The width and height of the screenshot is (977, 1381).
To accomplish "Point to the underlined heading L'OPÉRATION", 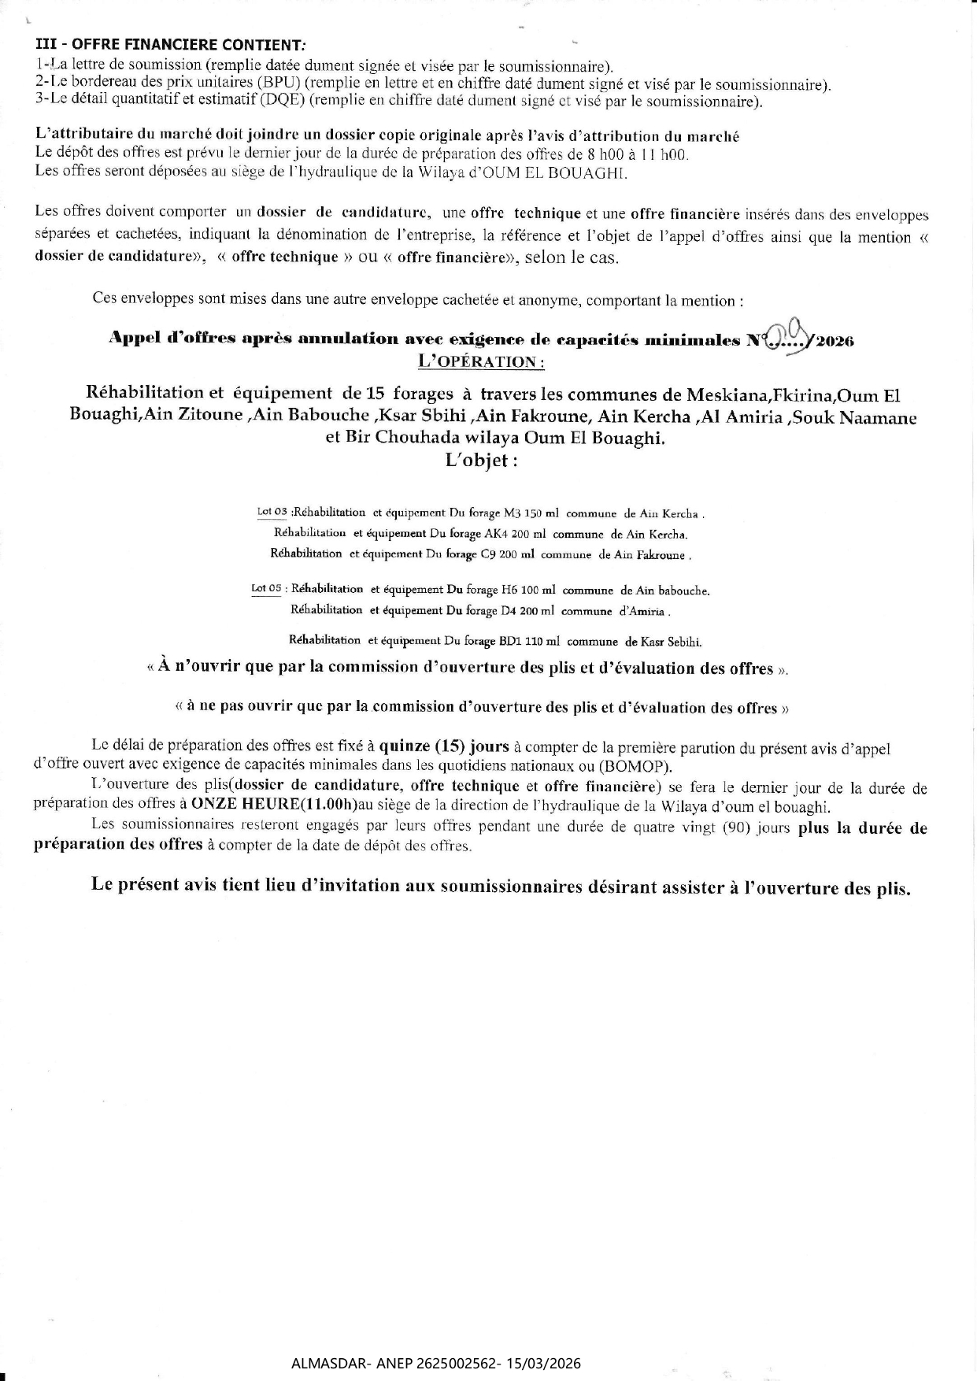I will coord(481,361).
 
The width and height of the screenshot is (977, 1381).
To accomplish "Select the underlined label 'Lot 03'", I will coord(272,513).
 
